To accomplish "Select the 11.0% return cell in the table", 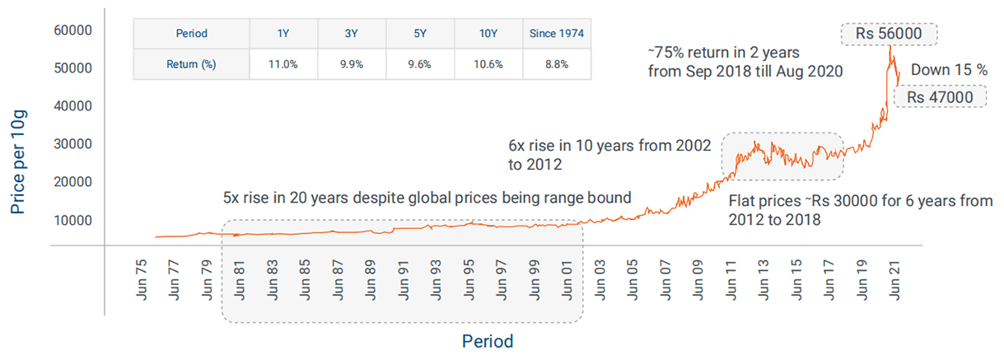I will click(x=283, y=64).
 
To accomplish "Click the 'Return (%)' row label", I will click(x=192, y=64).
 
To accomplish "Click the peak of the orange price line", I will click(x=890, y=48).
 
